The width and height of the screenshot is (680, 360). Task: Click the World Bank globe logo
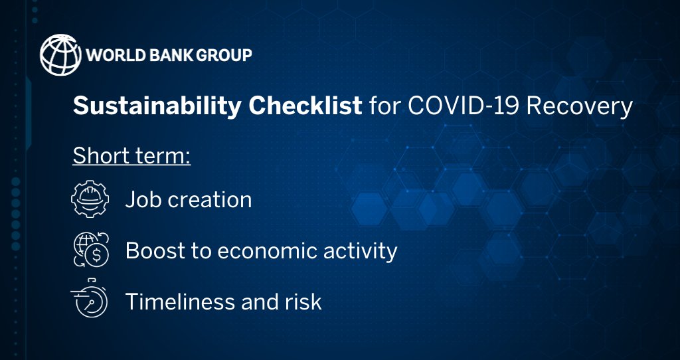[59, 54]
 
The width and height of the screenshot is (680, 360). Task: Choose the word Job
[142, 199]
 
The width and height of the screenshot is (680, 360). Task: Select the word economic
[266, 250]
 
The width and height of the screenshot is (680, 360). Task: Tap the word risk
[305, 302]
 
